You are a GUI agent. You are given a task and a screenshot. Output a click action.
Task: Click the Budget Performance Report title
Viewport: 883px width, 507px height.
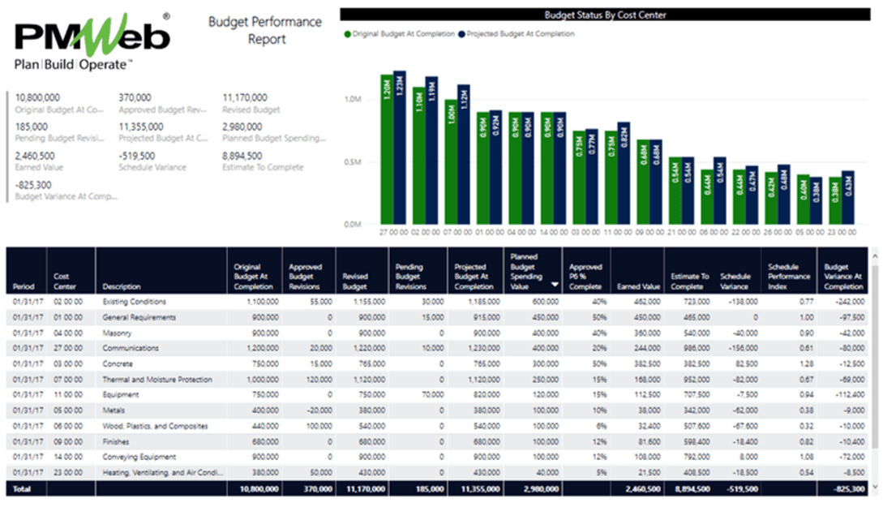pyautogui.click(x=265, y=30)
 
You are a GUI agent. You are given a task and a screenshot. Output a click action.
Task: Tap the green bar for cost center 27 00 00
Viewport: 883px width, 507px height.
pyautogui.click(x=387, y=149)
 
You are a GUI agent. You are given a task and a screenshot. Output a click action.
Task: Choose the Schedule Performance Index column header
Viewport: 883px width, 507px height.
pyautogui.click(x=789, y=277)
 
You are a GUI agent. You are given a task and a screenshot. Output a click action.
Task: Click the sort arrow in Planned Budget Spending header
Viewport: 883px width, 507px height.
pyautogui.click(x=555, y=285)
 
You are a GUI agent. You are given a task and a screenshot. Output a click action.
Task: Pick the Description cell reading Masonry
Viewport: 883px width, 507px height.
pyautogui.click(x=118, y=333)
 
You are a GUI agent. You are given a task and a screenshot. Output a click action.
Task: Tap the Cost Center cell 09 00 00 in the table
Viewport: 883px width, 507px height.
pyautogui.click(x=67, y=441)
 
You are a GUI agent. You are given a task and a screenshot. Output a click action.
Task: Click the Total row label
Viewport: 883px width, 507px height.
pyautogui.click(x=21, y=488)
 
